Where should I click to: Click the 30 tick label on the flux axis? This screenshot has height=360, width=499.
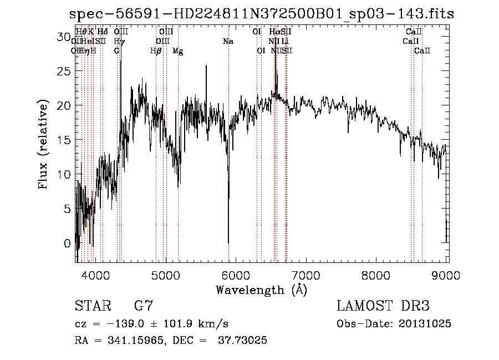(x=65, y=37)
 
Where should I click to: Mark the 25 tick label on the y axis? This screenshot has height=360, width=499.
(x=65, y=71)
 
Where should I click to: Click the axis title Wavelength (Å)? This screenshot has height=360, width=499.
(x=261, y=290)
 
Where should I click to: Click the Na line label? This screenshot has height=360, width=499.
(x=228, y=41)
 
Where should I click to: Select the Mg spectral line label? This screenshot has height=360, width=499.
(x=177, y=51)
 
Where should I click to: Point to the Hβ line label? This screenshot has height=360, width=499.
(x=156, y=51)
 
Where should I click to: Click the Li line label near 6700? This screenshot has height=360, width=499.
(x=284, y=41)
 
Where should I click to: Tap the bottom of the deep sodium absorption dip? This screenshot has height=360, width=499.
(x=228, y=242)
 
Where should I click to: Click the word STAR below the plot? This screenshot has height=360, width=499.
(x=92, y=306)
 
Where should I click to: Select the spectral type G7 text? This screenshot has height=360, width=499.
(x=144, y=306)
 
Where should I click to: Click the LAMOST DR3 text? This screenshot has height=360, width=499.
(x=383, y=306)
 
